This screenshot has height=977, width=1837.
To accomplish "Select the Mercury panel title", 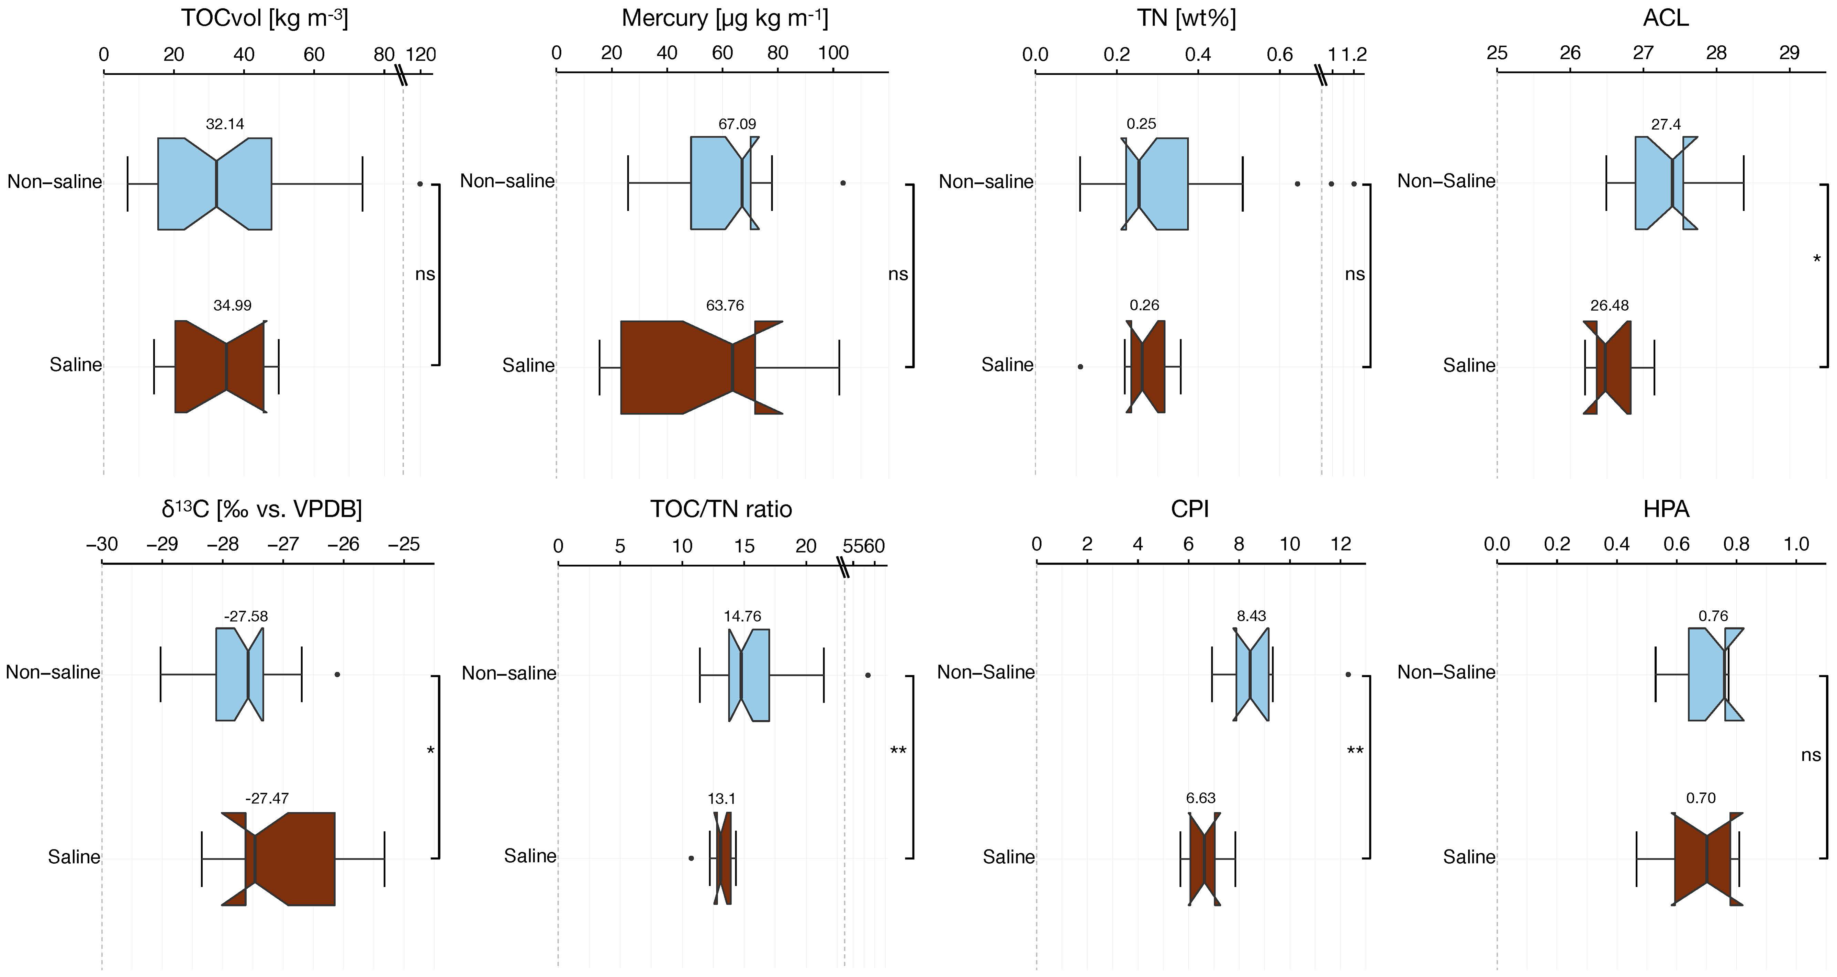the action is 725,18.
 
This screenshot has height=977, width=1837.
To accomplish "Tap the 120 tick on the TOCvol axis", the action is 421,54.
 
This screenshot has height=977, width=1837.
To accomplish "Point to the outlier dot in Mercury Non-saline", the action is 843,183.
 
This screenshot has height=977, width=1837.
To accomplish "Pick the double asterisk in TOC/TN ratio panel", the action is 898,751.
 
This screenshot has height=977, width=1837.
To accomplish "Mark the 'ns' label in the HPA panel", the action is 1811,755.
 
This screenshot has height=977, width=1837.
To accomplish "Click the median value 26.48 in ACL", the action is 1610,305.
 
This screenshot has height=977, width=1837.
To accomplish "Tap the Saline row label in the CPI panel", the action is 1008,856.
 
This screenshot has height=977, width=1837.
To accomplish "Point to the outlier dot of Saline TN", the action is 1080,367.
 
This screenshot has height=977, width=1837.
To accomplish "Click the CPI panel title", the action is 1190,509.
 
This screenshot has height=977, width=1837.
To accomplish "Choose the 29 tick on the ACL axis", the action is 1789,54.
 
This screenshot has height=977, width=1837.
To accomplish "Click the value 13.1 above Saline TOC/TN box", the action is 722,798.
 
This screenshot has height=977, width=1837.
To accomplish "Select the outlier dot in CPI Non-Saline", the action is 1348,674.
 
